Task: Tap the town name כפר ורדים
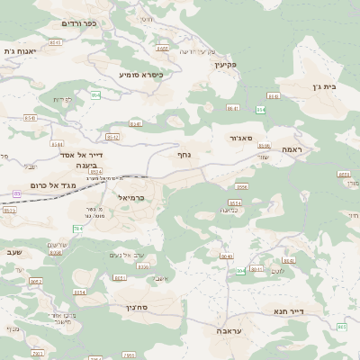click(78, 22)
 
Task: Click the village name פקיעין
click(225, 65)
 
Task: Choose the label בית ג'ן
click(333, 87)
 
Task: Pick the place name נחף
click(183, 154)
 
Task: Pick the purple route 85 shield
click(16, 193)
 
